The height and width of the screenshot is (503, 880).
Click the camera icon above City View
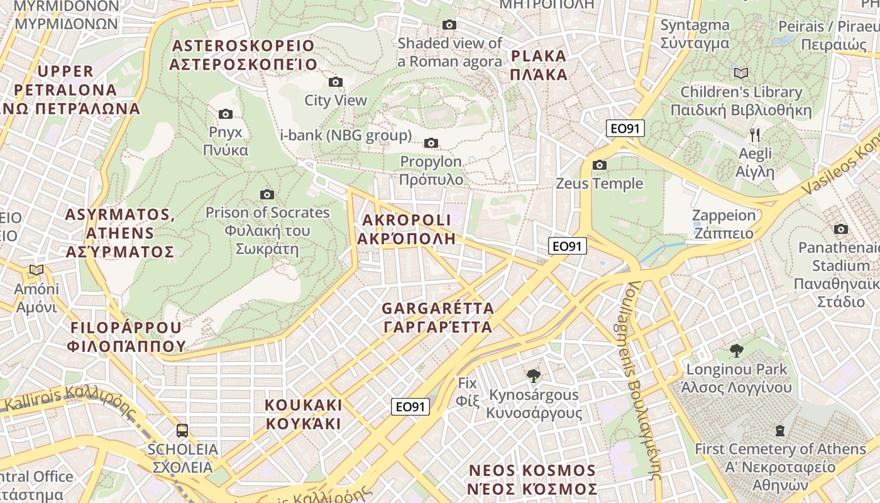coord(336,82)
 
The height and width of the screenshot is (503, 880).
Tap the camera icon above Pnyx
coord(226,114)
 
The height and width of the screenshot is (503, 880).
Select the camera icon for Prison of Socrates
coord(267,194)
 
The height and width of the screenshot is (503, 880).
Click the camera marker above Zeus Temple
coord(600,165)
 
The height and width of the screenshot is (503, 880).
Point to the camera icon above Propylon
coord(431,143)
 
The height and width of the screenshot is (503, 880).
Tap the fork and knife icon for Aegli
coord(756,135)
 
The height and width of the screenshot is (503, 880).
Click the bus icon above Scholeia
coord(182,431)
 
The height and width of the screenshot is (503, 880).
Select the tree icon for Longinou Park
coord(737,351)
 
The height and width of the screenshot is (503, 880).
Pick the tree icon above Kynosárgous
coord(534,376)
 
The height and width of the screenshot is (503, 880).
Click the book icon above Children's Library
coord(741,73)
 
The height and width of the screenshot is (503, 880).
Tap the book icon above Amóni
coord(36,270)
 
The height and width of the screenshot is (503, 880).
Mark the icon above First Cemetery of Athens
coord(780,431)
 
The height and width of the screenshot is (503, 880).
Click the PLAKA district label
coord(539,65)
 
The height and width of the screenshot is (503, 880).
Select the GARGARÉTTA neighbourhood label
coord(438,318)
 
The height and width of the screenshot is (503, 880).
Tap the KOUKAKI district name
coord(304,414)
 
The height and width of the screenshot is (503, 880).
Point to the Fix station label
coord(467,391)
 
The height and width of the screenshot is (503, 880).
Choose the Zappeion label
coord(723,224)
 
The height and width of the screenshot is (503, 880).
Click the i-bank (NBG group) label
coord(346,135)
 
